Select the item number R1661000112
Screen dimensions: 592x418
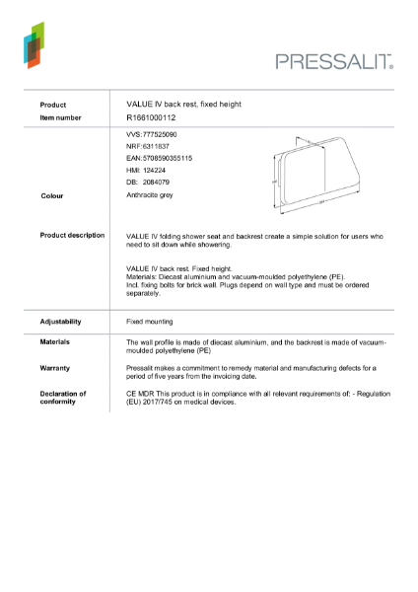click(x=151, y=117)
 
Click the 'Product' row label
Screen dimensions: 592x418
click(x=53, y=105)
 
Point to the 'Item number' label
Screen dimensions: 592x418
click(x=61, y=117)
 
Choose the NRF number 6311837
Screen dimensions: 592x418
click(x=149, y=145)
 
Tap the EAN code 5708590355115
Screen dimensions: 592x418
click(x=160, y=158)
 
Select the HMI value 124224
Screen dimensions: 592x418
click(x=149, y=170)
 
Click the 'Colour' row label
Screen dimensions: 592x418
click(x=52, y=196)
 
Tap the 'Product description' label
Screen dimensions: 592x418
click(x=72, y=236)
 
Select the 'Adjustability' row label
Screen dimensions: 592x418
click(x=60, y=322)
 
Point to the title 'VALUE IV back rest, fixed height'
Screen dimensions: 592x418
click(x=184, y=104)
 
